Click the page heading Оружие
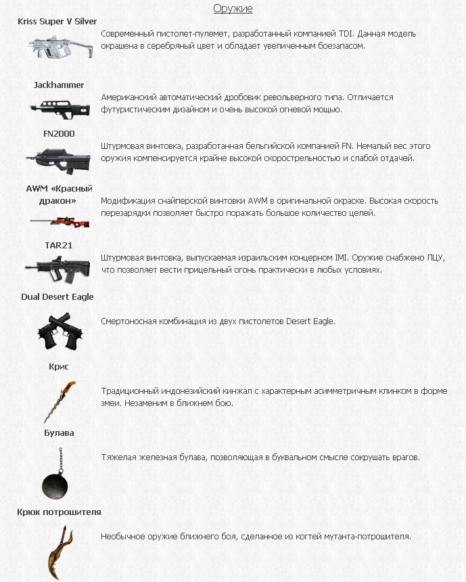tap(233, 9)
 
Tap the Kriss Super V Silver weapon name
tap(58, 22)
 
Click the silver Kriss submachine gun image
tap(57, 47)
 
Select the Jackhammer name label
tap(59, 85)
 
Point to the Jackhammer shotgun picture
tap(58, 108)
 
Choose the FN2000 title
tap(59, 134)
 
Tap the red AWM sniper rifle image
tap(58, 220)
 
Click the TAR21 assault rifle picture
tap(58, 268)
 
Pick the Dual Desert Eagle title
tap(57, 297)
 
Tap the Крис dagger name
tap(59, 367)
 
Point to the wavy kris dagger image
tap(58, 401)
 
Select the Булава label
tap(59, 433)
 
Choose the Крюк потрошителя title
tap(59, 512)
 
